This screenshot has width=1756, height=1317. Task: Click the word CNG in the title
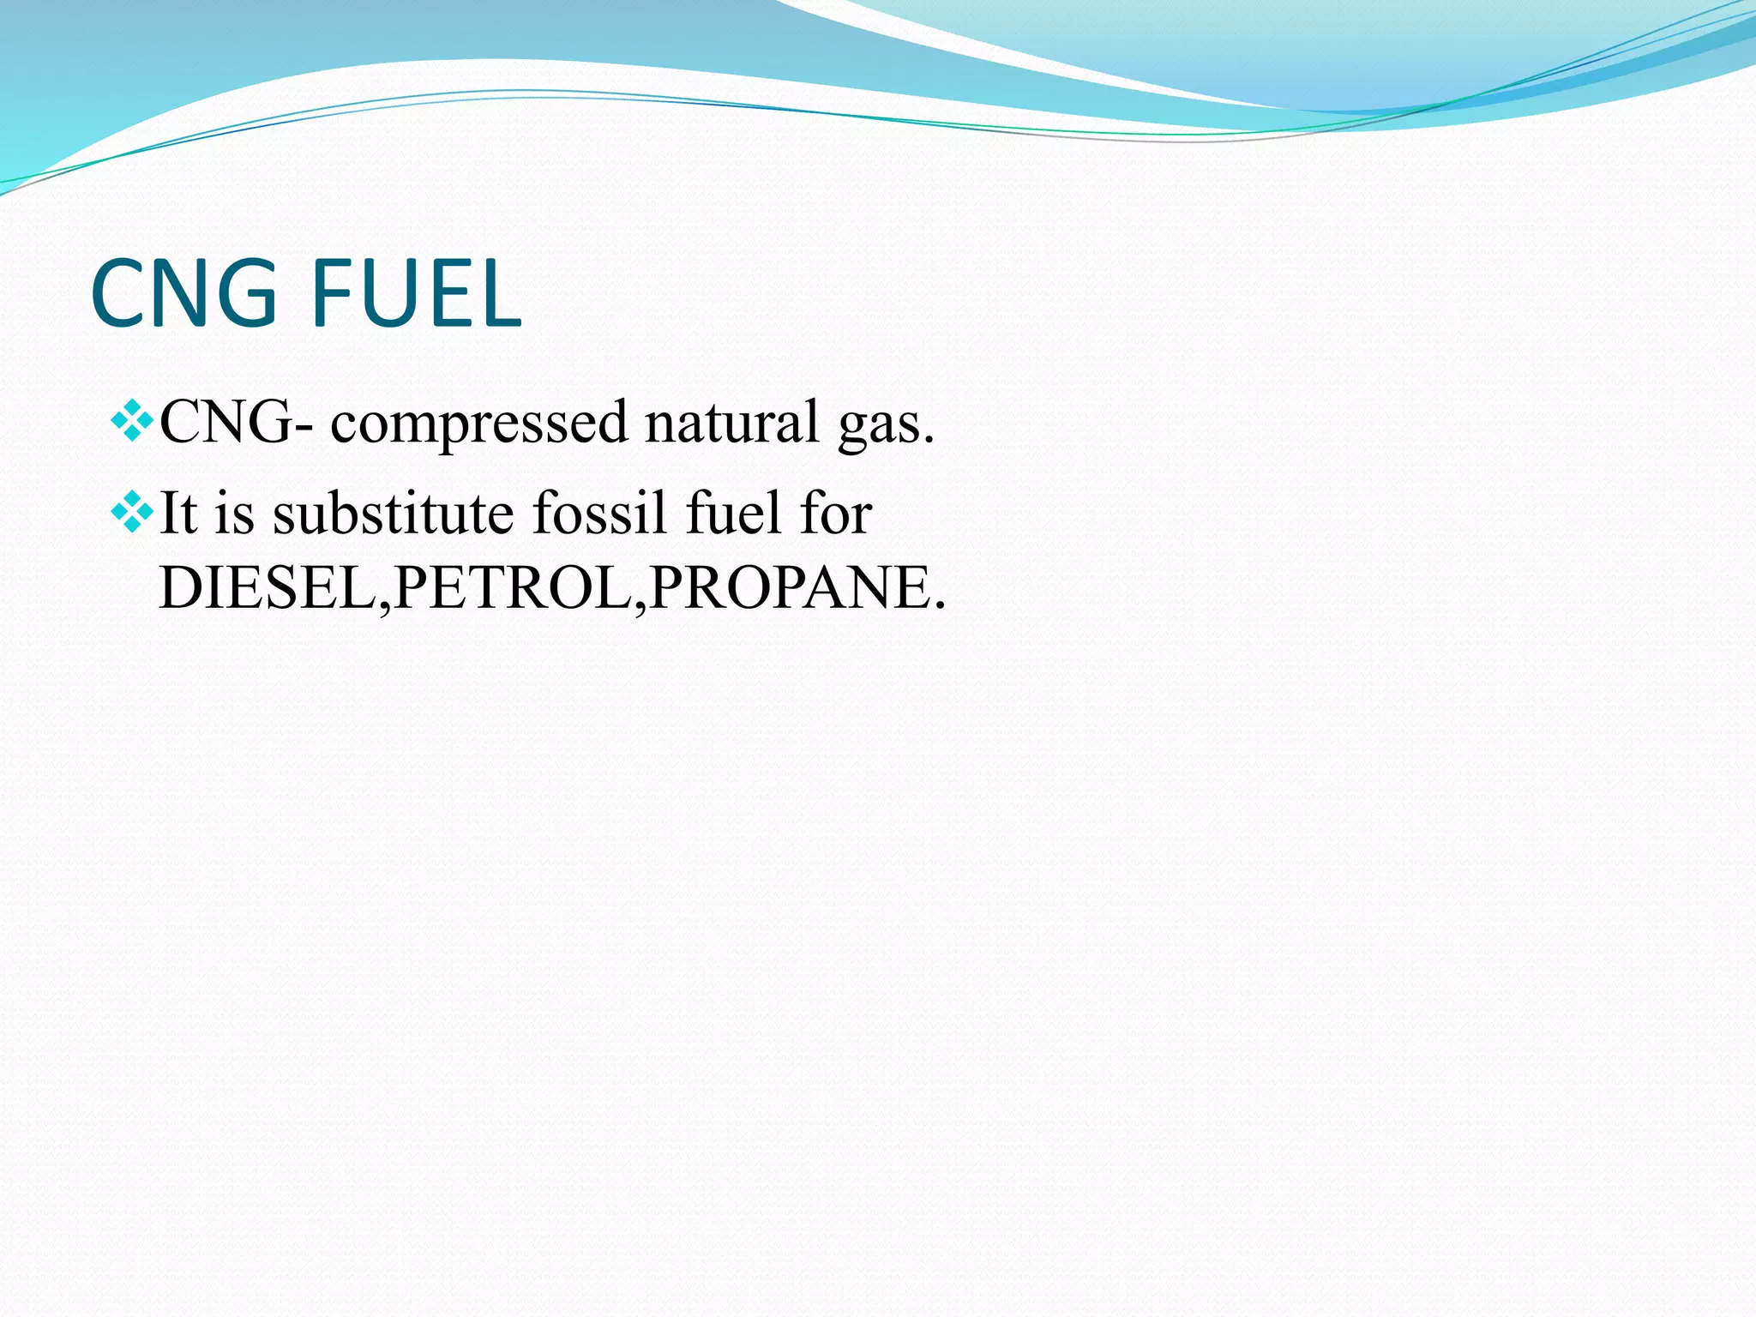point(184,294)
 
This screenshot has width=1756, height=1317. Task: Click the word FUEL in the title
point(417,294)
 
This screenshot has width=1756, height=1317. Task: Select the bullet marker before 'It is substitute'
point(132,513)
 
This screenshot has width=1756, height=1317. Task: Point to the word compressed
point(478,424)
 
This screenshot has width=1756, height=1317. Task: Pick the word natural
point(731,422)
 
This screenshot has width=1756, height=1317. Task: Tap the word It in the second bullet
point(178,513)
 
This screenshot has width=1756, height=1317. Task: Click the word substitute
point(394,513)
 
